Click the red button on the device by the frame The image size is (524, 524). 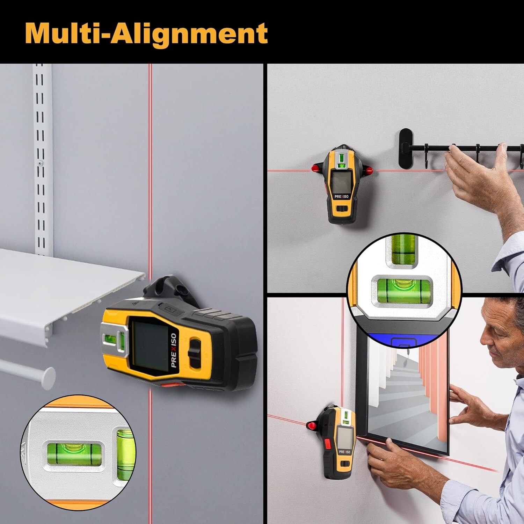tap(327, 444)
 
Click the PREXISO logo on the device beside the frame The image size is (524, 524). tap(344, 452)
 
